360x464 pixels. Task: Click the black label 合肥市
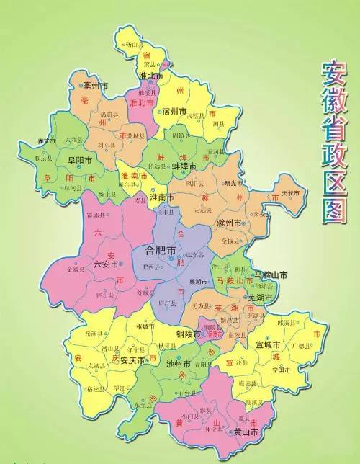coord(159,251)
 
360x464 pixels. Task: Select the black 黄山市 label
coord(246,432)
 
